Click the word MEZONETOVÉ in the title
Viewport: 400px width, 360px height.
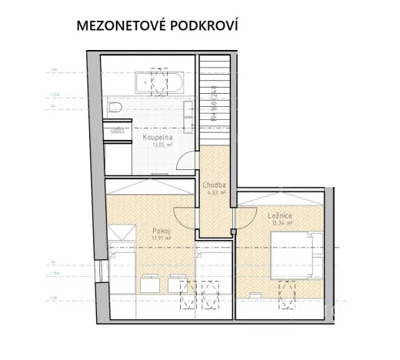pos(124,25)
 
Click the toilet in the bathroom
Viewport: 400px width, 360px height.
pos(115,107)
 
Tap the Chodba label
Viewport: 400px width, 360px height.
pos(213,185)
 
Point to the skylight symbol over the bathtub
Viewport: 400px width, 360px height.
pos(160,81)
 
